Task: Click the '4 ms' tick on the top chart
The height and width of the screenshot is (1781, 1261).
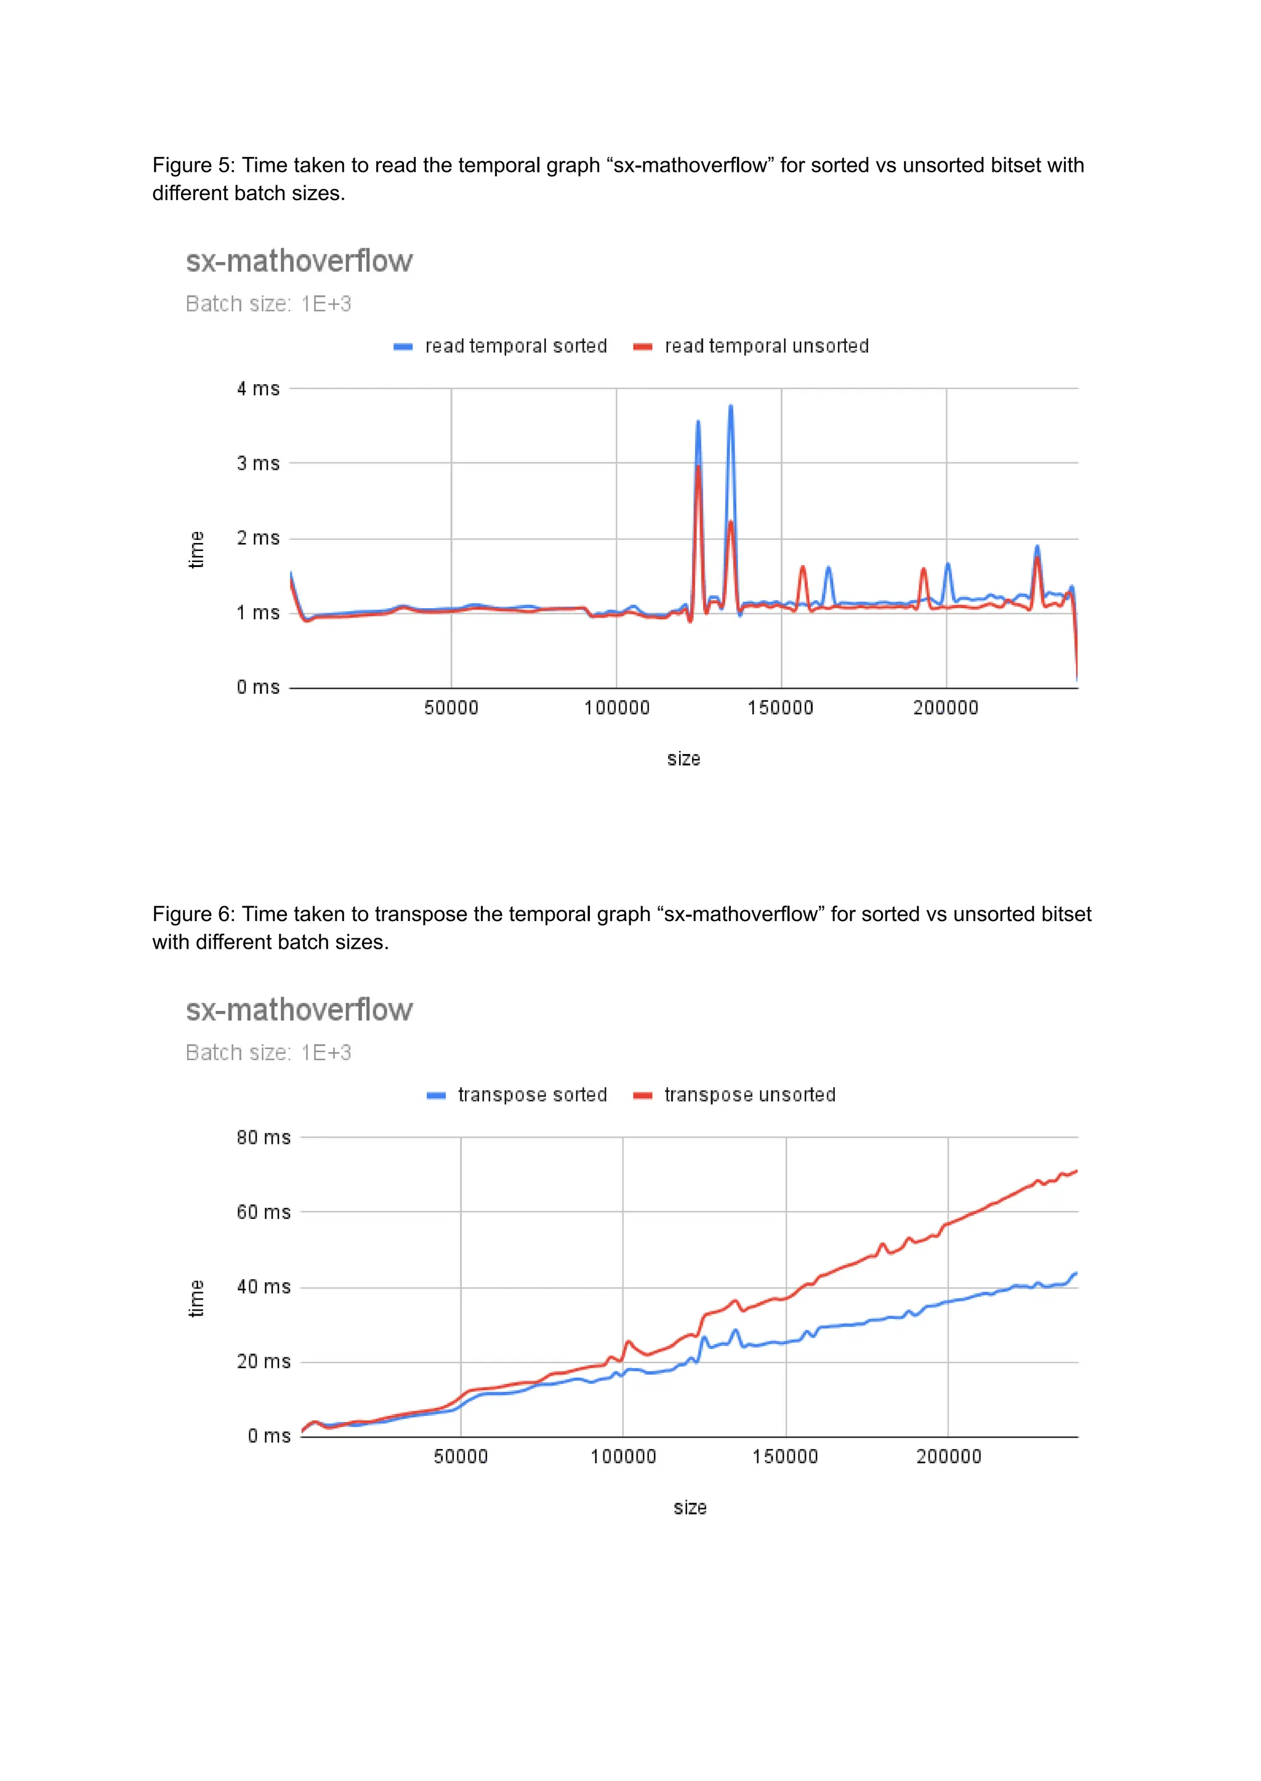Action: [x=258, y=388]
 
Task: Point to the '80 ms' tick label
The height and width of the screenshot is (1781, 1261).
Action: [x=264, y=1138]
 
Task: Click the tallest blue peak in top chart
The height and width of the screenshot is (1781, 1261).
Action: [x=730, y=407]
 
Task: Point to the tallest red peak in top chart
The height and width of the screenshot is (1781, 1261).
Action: [x=698, y=467]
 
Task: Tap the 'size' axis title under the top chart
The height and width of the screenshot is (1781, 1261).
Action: [x=683, y=758]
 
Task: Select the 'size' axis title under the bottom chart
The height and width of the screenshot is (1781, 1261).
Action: [x=690, y=1508]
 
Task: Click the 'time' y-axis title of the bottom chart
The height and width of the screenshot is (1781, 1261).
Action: [x=196, y=1299]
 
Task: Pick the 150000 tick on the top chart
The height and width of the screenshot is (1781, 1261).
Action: [x=780, y=708]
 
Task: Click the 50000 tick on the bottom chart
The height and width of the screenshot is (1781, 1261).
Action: [x=461, y=1457]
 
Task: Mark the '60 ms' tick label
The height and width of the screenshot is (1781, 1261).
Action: [x=264, y=1212]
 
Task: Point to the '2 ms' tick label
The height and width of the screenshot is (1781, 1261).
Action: [x=258, y=538]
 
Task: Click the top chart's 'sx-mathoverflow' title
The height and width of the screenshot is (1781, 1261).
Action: [x=299, y=262]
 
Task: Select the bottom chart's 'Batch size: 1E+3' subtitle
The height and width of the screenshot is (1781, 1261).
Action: [x=268, y=1053]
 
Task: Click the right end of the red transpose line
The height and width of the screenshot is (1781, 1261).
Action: [x=1076, y=1171]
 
